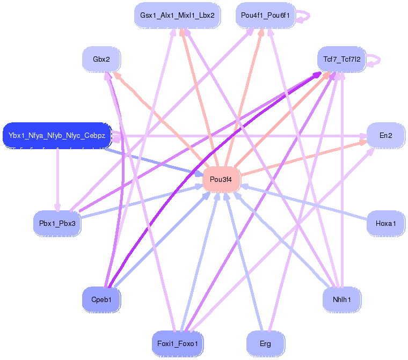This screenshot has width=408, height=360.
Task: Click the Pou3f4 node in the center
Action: coord(221,179)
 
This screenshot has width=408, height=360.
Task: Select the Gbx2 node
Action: coord(101,59)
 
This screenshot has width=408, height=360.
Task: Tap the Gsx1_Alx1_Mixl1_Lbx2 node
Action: coord(177,16)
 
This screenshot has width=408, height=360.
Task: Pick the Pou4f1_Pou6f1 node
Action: coord(265,16)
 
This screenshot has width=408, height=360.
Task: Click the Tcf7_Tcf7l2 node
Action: coord(341,58)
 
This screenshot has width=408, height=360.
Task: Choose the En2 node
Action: coord(385,135)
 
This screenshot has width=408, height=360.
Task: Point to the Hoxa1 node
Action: coord(385,223)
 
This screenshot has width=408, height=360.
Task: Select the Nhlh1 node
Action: coord(341,299)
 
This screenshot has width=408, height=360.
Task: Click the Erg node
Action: coord(265,343)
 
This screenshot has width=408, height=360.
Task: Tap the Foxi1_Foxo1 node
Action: coord(177,343)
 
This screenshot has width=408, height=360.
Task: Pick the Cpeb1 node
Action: coord(101,299)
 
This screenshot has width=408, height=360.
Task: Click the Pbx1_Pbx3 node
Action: coord(57,223)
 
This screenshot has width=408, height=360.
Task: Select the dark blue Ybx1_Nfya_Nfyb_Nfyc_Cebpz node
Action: coord(57,135)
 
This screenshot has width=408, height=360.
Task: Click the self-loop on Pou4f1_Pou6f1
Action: coord(303,16)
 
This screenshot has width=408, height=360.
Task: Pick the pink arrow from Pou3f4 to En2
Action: coord(301,158)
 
